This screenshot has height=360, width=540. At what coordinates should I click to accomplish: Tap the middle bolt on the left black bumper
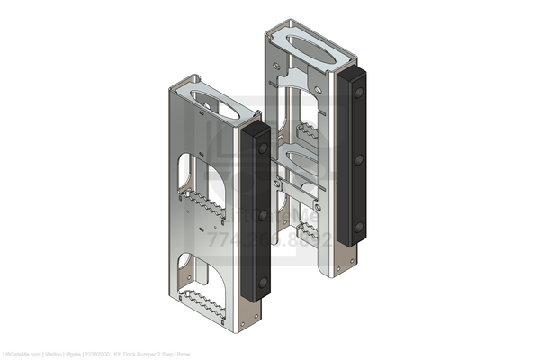[x=263, y=217]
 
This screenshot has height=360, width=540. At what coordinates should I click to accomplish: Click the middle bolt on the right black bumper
[x=358, y=160]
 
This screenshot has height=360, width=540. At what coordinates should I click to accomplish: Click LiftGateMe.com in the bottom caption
[x=20, y=354]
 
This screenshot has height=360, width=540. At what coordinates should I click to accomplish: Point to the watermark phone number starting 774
[x=270, y=241]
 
